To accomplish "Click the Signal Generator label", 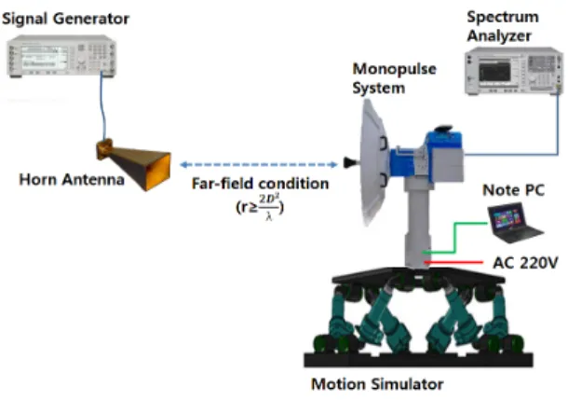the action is (x=65, y=19).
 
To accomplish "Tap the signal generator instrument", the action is (x=61, y=56).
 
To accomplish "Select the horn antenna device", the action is (x=133, y=163).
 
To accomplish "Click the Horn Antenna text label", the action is (x=72, y=180).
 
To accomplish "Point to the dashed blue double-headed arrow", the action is (x=259, y=165).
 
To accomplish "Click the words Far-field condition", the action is (x=260, y=184).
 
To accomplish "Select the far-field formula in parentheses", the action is (x=260, y=207).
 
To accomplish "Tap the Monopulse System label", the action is (x=394, y=78).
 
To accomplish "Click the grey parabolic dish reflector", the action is (x=373, y=162).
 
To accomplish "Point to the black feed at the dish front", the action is (x=351, y=163).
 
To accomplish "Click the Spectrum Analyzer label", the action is (x=503, y=26).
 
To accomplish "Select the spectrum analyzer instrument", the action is (x=514, y=71).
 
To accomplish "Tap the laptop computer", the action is (x=514, y=223).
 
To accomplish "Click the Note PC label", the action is (x=514, y=190).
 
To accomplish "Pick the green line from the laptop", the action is (x=455, y=237).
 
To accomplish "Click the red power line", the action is (x=453, y=262).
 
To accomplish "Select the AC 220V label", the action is (x=525, y=263).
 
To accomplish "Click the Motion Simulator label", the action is (x=377, y=384).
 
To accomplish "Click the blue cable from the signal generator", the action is (x=103, y=105).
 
